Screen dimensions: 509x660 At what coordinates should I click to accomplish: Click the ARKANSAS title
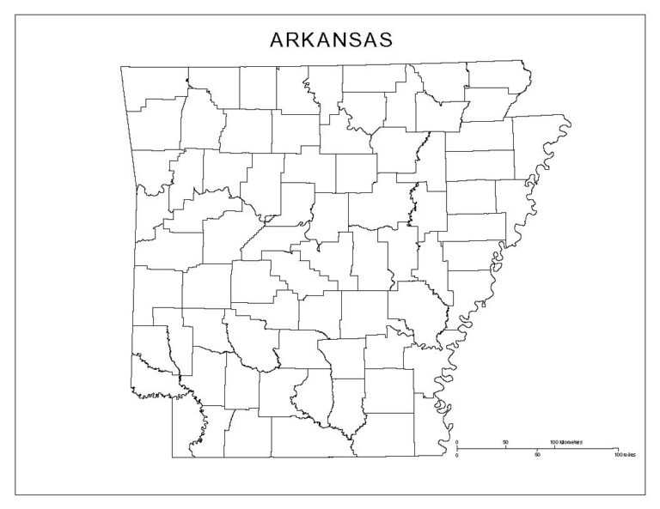332,40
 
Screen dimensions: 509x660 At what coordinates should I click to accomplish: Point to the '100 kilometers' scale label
565,441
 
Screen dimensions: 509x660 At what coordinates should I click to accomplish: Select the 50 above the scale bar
505,442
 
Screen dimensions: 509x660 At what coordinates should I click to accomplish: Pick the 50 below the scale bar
538,454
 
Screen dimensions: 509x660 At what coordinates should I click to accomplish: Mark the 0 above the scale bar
457,442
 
